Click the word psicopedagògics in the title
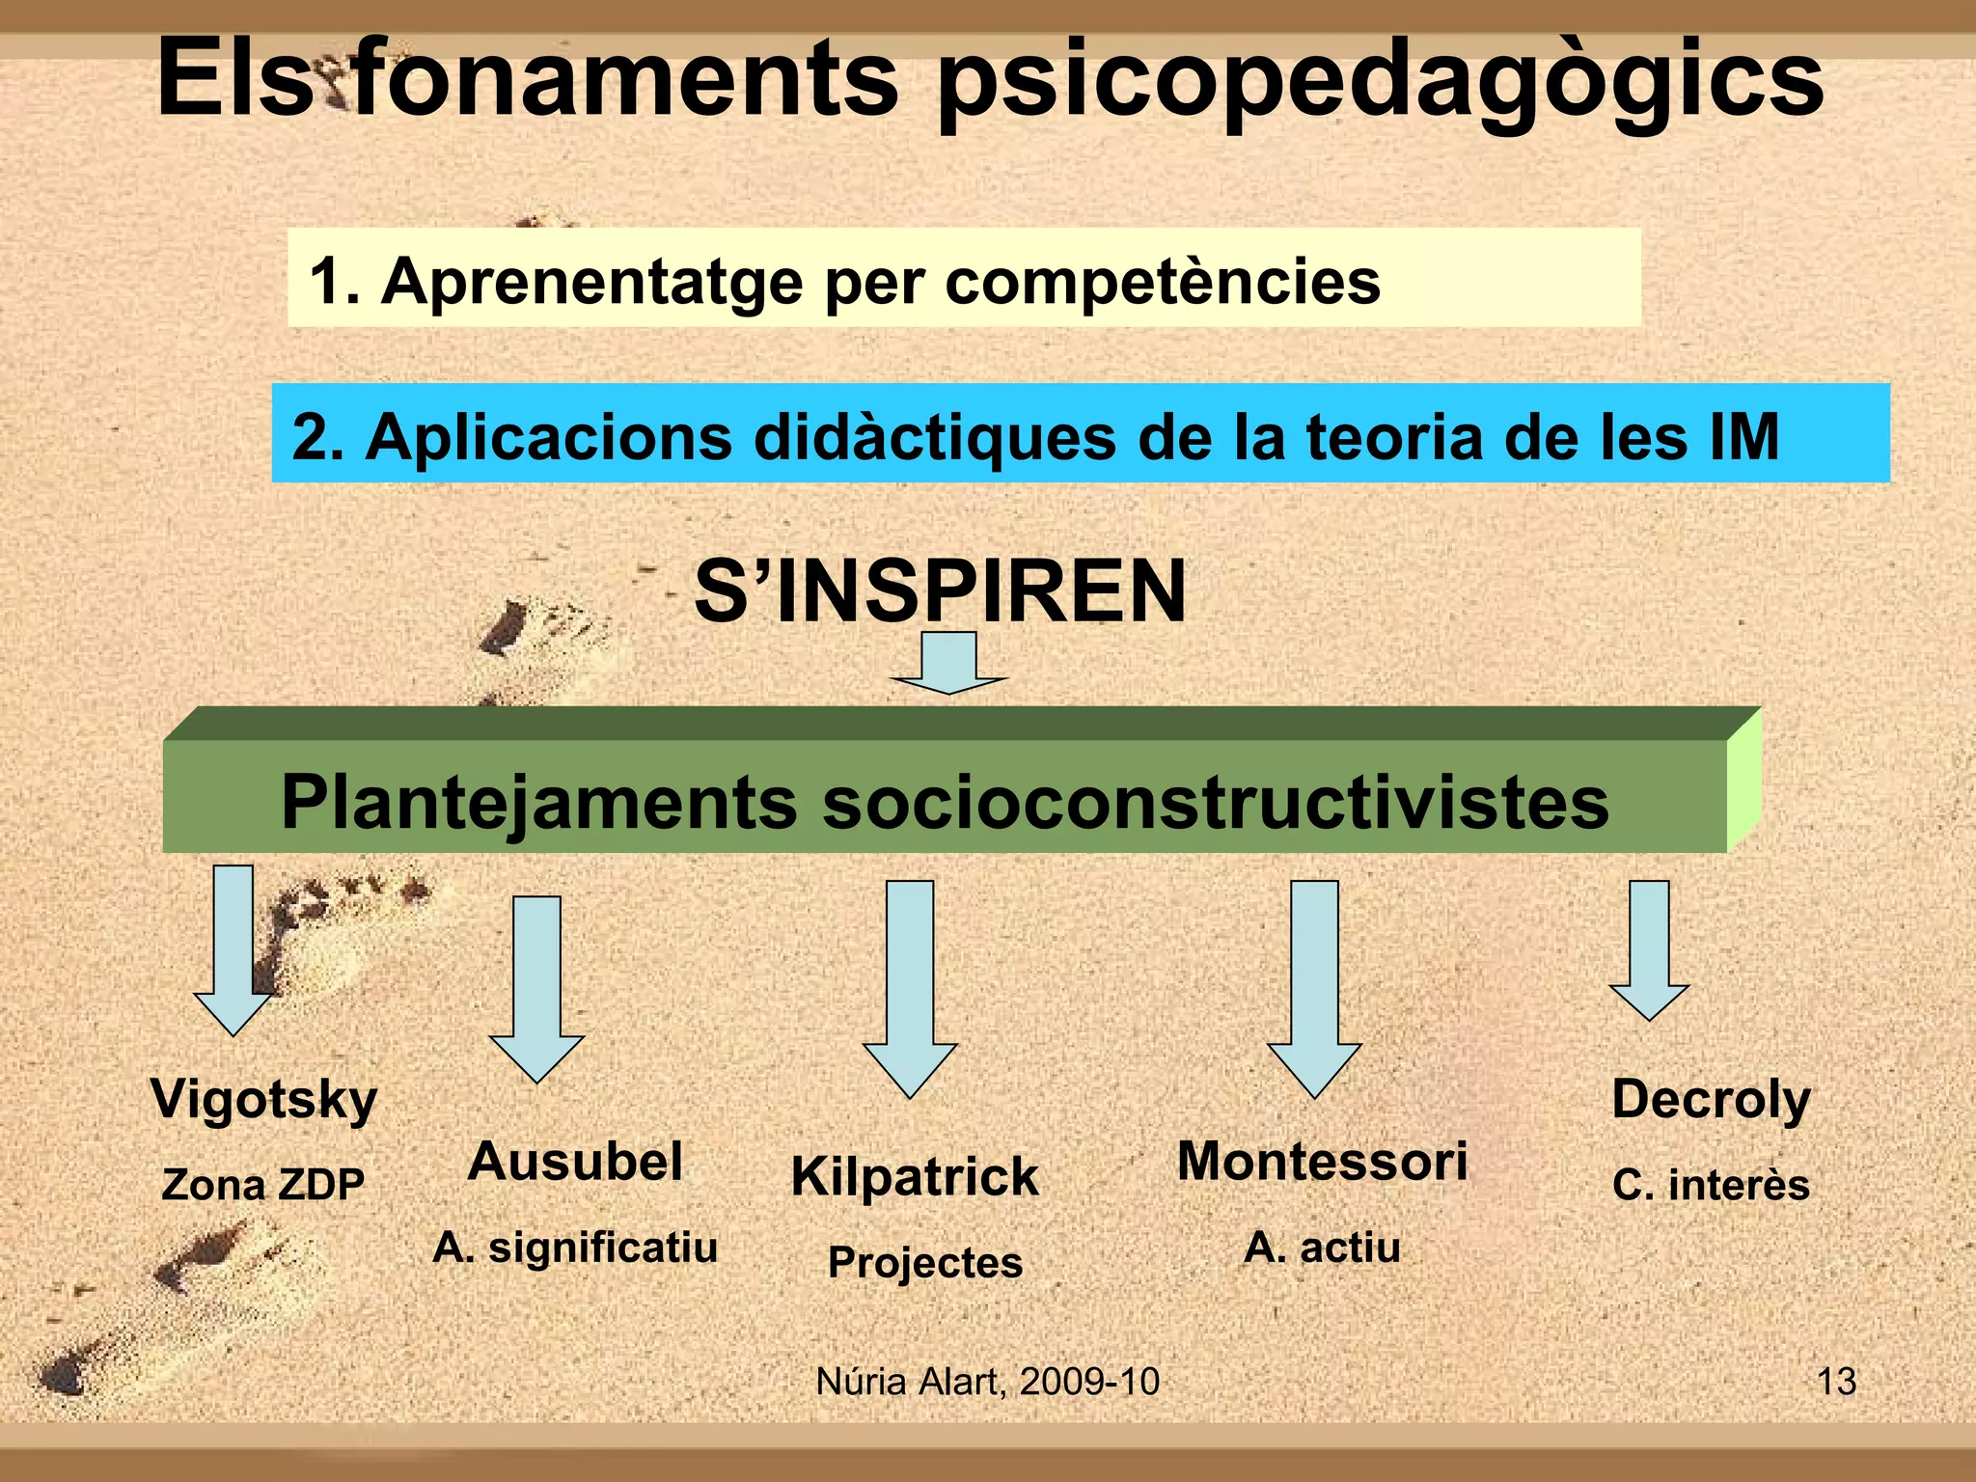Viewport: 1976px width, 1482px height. [1380, 82]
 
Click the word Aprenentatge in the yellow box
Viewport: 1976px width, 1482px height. [591, 282]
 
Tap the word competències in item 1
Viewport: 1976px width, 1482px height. [1162, 282]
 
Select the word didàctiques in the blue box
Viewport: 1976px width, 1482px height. [934, 437]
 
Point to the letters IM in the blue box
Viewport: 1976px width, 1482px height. [1743, 437]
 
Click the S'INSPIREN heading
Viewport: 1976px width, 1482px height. [940, 591]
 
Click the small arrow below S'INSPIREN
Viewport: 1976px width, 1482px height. [949, 664]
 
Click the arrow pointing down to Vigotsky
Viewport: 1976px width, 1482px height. [233, 950]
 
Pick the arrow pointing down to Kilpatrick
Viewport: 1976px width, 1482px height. [910, 988]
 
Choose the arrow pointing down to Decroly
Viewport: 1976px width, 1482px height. [1649, 950]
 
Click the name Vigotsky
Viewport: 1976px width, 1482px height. [263, 1100]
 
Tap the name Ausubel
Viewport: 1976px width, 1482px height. [575, 1162]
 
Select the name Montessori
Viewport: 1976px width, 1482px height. [1322, 1162]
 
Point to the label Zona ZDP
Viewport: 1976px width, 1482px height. [263, 1185]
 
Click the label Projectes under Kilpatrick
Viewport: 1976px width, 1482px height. [925, 1263]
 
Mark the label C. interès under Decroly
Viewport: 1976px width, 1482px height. [1711, 1185]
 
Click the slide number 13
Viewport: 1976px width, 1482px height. [1836, 1382]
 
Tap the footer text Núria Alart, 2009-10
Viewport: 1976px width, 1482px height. [987, 1382]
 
